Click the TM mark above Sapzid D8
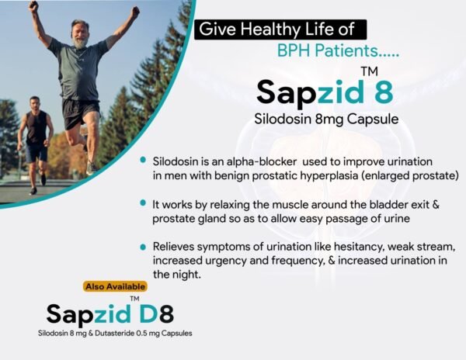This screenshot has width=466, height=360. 134,298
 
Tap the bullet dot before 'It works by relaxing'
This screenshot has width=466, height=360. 143,203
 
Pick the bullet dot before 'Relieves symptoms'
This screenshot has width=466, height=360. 143,246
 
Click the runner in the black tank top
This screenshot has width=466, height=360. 35,132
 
